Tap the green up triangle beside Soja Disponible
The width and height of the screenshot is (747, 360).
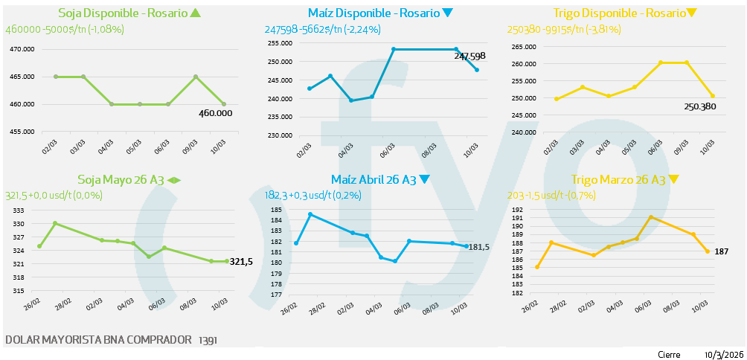(196, 13)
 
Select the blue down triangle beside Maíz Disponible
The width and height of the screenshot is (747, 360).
(447, 13)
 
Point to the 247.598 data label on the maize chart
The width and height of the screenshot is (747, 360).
(469, 57)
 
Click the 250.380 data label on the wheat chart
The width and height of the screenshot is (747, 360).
(699, 106)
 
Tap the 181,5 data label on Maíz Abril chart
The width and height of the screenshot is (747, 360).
(478, 247)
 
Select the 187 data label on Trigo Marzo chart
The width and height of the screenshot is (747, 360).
(721, 251)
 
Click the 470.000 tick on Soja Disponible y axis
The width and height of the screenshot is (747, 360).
(22, 50)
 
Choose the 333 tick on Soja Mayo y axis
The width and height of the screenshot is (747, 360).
(19, 211)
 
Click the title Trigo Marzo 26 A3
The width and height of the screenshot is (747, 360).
(618, 180)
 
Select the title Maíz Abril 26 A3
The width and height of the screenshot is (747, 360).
(373, 180)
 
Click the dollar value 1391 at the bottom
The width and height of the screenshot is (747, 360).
(208, 341)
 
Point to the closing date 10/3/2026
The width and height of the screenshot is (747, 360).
(723, 354)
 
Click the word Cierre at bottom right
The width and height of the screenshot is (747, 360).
(668, 354)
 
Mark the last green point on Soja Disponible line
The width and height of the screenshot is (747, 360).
(223, 104)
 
